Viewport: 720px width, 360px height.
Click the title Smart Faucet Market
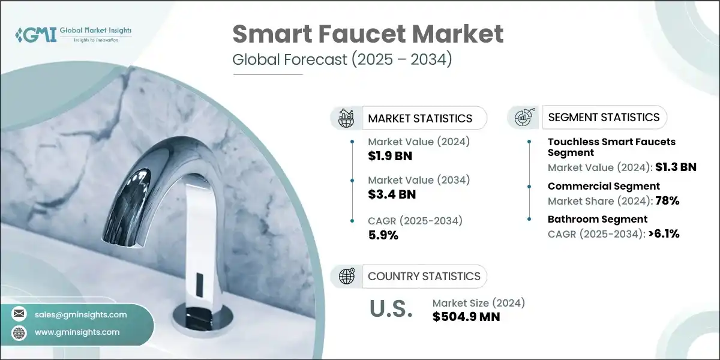pyautogui.click(x=368, y=35)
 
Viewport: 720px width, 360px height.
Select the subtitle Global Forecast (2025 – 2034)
pyautogui.click(x=341, y=61)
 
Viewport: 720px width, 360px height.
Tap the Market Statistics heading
pyautogui.click(x=420, y=118)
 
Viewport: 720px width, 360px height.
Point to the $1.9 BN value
pyautogui.click(x=390, y=157)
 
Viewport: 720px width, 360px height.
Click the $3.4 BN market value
pyautogui.click(x=391, y=194)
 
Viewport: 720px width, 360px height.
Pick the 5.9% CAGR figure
pyautogui.click(x=383, y=235)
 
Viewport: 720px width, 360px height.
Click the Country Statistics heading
pyautogui.click(x=424, y=276)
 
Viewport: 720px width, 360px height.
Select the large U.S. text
pyautogui.click(x=391, y=308)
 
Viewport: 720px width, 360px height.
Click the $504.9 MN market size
pyautogui.click(x=466, y=316)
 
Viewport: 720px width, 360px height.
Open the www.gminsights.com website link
pyautogui.click(x=77, y=332)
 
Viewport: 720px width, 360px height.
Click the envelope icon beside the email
pyautogui.click(x=19, y=314)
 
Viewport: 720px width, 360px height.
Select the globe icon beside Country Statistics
pyautogui.click(x=347, y=276)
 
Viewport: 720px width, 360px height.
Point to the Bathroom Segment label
pyautogui.click(x=597, y=219)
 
